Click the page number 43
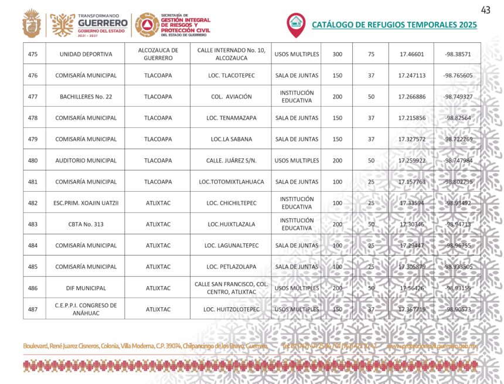pyautogui.click(x=485, y=9)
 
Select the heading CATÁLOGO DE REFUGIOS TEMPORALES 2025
pyautogui.click(x=394, y=25)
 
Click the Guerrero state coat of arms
pyautogui.click(x=32, y=24)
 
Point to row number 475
pyautogui.click(x=33, y=55)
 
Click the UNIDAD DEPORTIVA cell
pyautogui.click(x=86, y=55)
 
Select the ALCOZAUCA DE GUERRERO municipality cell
pyautogui.click(x=158, y=55)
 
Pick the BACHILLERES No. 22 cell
pyautogui.click(x=86, y=97)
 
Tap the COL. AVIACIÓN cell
pyautogui.click(x=231, y=97)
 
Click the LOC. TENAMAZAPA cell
pyautogui.click(x=231, y=118)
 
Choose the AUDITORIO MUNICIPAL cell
pyautogui.click(x=86, y=161)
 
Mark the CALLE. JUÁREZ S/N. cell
pyautogui.click(x=231, y=161)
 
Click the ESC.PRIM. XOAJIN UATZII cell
pyautogui.click(x=86, y=203)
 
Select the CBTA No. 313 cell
pyautogui.click(x=86, y=225)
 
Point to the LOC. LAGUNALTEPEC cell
pyautogui.click(x=231, y=246)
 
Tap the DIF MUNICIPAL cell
pyautogui.click(x=86, y=288)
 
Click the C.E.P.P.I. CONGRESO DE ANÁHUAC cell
pyautogui.click(x=86, y=309)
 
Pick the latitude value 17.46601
pyautogui.click(x=411, y=55)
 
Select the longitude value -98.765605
pyautogui.click(x=458, y=76)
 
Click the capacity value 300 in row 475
pyautogui.click(x=337, y=55)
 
